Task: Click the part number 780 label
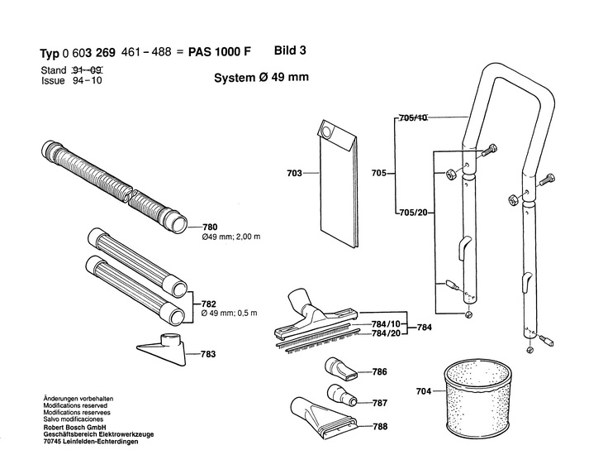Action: tap(210, 227)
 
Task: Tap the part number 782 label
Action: tap(210, 304)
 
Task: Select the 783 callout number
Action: tap(208, 354)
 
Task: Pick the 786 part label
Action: tap(379, 372)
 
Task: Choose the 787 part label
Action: tap(379, 403)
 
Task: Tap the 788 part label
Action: tap(379, 427)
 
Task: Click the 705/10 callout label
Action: tap(413, 118)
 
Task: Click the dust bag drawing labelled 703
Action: tap(336, 186)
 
